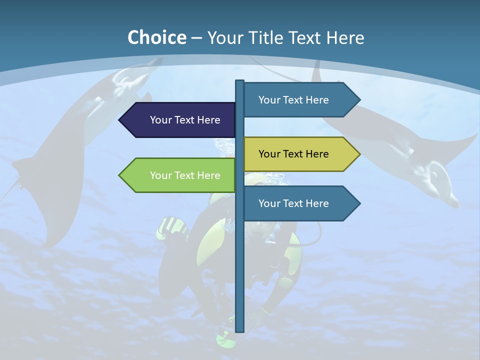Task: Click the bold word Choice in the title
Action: pos(156,37)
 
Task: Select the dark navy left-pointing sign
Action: pos(180,120)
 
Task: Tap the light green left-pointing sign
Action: pos(180,175)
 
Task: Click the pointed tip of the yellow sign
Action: pos(359,154)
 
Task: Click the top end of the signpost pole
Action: pos(239,81)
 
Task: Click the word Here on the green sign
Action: pos(208,175)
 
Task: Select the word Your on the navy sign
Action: pos(160,120)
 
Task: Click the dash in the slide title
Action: pos(196,38)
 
